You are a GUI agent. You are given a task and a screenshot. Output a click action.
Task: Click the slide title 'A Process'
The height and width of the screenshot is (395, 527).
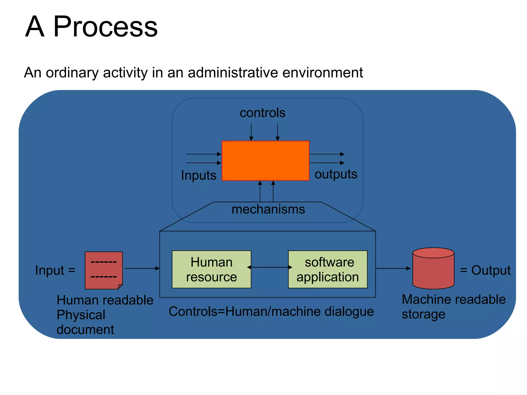[x=91, y=26]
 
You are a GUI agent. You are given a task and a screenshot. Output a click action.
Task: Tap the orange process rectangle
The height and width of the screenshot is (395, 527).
[x=265, y=161]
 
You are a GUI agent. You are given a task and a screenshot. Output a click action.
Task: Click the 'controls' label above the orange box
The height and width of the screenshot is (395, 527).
[x=262, y=113]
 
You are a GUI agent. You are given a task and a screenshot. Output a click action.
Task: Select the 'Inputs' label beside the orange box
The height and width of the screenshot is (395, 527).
[x=198, y=175]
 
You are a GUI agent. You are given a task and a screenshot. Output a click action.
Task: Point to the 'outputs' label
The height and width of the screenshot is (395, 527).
[x=336, y=174]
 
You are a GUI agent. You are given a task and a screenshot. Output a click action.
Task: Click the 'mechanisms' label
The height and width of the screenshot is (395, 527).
[x=268, y=209]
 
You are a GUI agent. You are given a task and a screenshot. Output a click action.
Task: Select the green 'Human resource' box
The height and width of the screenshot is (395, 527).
[x=211, y=269]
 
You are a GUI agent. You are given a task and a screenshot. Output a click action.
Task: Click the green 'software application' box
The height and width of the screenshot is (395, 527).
[x=328, y=269]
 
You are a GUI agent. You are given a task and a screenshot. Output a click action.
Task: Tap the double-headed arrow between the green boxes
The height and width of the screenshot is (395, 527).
[x=269, y=267]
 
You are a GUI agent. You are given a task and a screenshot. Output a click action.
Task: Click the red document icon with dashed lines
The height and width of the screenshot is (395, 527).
[x=103, y=270]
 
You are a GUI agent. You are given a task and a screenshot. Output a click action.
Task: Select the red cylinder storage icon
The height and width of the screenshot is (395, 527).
[x=433, y=269]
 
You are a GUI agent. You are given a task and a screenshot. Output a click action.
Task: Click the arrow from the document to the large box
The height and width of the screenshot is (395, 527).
[x=142, y=268]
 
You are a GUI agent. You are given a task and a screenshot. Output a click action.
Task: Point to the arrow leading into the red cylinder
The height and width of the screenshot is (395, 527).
[x=393, y=268]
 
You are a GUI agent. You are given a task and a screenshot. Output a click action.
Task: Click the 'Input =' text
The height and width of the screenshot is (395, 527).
[x=55, y=270]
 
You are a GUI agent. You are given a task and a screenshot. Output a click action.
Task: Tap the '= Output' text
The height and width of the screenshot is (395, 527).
[x=485, y=270]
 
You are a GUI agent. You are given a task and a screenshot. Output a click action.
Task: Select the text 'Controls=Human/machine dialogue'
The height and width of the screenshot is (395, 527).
[x=271, y=311]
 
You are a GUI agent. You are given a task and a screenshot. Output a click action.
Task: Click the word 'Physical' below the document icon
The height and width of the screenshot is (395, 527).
[x=81, y=315]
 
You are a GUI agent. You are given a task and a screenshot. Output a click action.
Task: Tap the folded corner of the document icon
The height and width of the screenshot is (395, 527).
[x=120, y=286]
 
